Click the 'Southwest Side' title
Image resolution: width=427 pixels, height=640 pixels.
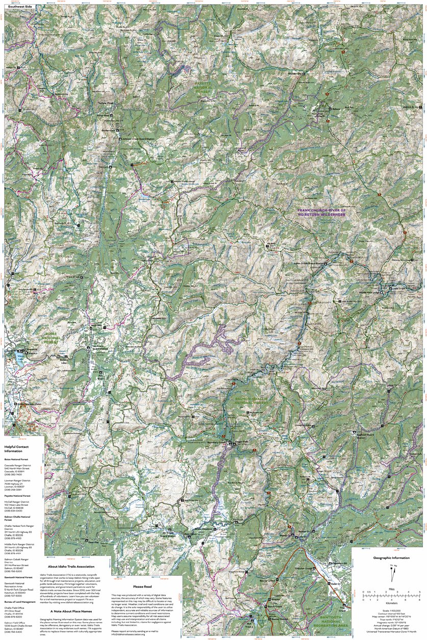click(x=16, y=6)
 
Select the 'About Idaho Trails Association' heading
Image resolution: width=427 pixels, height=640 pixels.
click(x=71, y=567)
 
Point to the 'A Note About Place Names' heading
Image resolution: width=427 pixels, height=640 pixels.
click(x=71, y=610)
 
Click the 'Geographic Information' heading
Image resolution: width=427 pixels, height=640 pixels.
click(x=389, y=558)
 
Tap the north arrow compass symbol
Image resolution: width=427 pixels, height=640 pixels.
click(x=392, y=574)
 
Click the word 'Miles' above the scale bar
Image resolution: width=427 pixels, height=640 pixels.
click(x=391, y=588)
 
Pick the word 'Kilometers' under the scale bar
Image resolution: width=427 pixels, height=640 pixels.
click(x=391, y=602)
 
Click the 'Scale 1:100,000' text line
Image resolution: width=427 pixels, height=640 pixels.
click(x=389, y=610)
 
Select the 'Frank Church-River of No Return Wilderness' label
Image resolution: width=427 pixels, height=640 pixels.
click(x=322, y=213)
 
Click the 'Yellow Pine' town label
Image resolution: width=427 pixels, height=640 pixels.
click(x=106, y=103)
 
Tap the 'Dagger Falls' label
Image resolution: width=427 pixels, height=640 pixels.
click(x=242, y=442)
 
